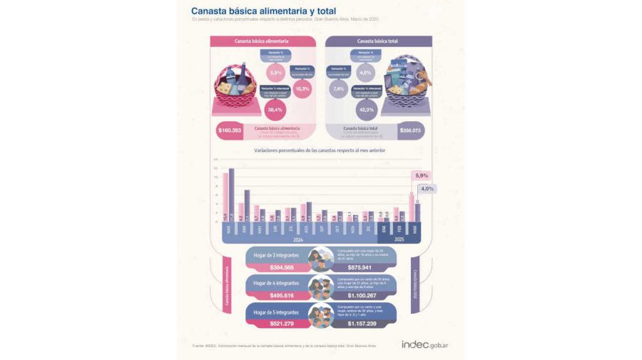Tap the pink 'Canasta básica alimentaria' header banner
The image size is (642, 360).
tap(262, 41)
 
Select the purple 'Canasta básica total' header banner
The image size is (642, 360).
tap(377, 41)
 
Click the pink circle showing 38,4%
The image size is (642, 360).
tap(275, 110)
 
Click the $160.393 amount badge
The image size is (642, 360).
tap(230, 130)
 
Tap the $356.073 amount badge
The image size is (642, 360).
tap(411, 130)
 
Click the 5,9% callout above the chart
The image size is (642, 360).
tap(421, 175)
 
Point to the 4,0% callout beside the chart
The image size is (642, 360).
tap(427, 189)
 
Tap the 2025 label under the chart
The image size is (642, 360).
tap(399, 240)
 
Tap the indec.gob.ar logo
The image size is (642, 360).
tap(429, 344)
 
